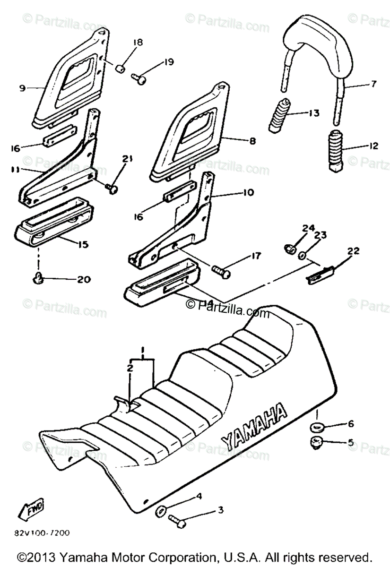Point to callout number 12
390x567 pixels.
374,146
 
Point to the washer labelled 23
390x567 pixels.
303,256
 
